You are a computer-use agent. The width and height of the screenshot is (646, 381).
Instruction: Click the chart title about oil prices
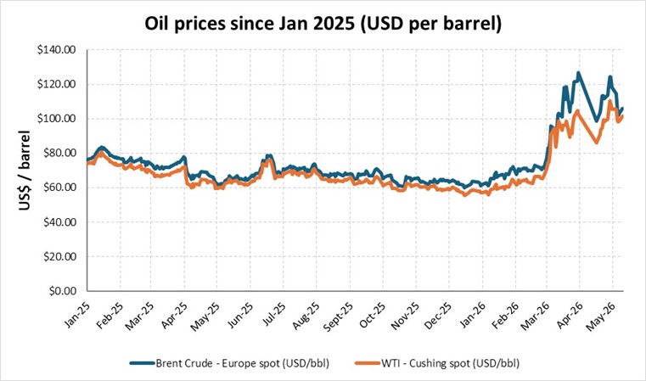coord(323,24)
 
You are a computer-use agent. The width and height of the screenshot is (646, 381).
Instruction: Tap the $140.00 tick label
coord(56,50)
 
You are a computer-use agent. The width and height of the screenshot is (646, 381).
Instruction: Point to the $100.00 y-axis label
coord(56,119)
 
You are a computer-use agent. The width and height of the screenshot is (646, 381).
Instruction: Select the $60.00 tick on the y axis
coord(59,188)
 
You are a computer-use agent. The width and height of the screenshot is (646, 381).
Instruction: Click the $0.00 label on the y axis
coord(62,291)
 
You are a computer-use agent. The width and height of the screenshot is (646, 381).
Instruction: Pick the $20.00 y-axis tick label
coord(59,256)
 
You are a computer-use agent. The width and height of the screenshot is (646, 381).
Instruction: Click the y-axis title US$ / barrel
coord(25,170)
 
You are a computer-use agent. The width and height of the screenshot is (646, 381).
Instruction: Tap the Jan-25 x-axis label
coord(77,315)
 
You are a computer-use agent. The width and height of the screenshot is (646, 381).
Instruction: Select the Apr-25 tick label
coord(174,315)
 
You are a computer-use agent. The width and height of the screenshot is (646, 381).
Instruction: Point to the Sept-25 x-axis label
coord(338,317)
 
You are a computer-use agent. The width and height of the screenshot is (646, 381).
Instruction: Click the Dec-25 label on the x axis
coord(437,315)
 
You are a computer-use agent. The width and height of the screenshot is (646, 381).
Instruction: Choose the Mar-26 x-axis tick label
coord(535,316)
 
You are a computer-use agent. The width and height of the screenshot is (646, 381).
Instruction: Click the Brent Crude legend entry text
coord(243,363)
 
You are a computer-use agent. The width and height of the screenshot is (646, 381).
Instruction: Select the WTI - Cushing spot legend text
coord(450,363)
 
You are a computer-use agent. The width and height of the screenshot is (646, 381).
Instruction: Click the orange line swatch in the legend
coord(368,363)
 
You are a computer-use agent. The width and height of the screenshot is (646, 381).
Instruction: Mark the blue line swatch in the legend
coord(143,363)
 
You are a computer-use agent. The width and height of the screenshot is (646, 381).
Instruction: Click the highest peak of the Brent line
coord(578,73)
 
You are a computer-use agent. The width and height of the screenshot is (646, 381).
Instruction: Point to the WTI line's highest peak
coord(609,101)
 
